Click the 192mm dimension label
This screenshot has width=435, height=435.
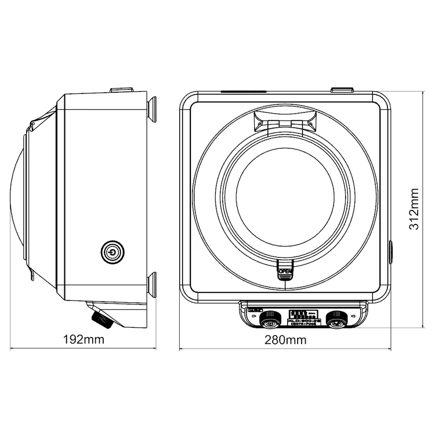tap(81, 340)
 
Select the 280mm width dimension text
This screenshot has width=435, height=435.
tap(285, 340)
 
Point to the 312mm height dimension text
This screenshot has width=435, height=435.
tap(414, 209)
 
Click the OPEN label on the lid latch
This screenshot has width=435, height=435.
tap(285, 271)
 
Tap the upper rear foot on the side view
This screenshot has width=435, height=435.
tap(153, 109)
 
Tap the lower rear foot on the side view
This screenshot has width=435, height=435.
tap(153, 284)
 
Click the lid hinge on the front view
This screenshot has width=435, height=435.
tap(285, 120)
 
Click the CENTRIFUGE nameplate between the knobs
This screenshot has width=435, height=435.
tap(302, 322)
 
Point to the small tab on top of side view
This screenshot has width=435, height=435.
tap(122, 90)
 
